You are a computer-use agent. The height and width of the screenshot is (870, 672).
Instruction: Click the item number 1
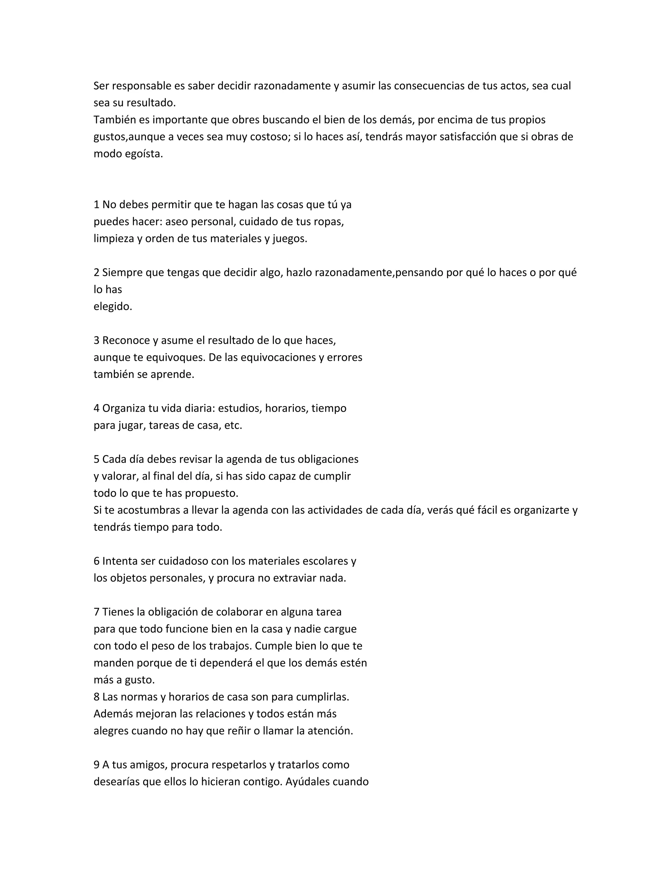tap(96, 205)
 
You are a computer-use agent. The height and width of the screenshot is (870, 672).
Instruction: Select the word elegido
tap(113, 307)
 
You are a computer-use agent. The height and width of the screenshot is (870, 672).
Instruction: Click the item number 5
tap(96, 460)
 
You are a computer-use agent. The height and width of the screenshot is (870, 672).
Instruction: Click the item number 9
tap(96, 765)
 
